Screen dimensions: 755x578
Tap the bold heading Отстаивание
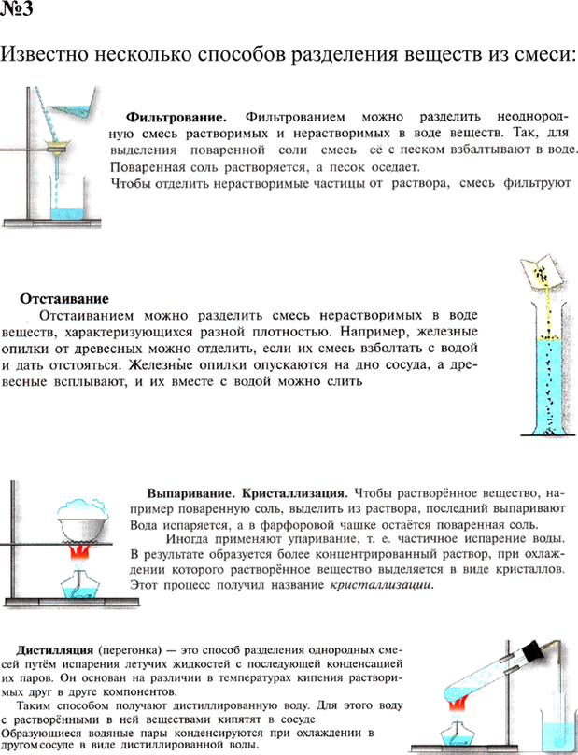pyautogui.click(x=64, y=299)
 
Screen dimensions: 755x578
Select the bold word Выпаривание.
pyautogui.click(x=190, y=491)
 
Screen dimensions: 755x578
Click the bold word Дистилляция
pyautogui.click(x=50, y=648)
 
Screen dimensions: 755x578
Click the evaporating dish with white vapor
pyautogui.click(x=80, y=519)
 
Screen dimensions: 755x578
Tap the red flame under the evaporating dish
pyautogui.click(x=80, y=559)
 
